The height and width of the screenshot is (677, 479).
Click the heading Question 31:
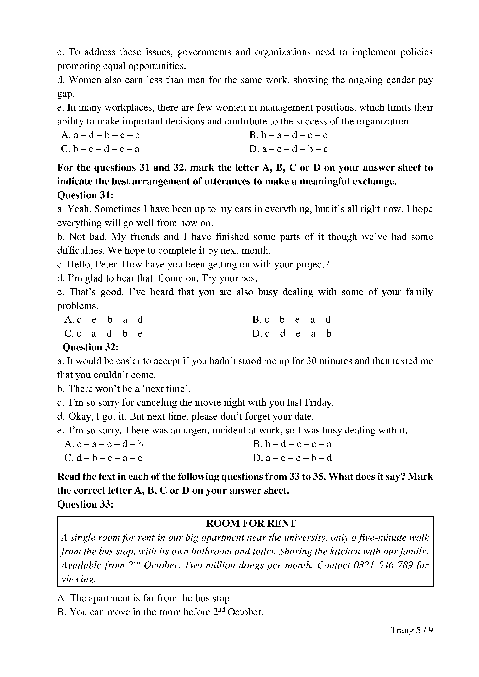85,195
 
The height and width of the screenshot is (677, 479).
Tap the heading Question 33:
85,504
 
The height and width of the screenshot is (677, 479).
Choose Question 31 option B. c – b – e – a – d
291,320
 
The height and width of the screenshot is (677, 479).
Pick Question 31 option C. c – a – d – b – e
103,333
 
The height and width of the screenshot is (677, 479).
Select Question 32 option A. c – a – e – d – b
103,444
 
